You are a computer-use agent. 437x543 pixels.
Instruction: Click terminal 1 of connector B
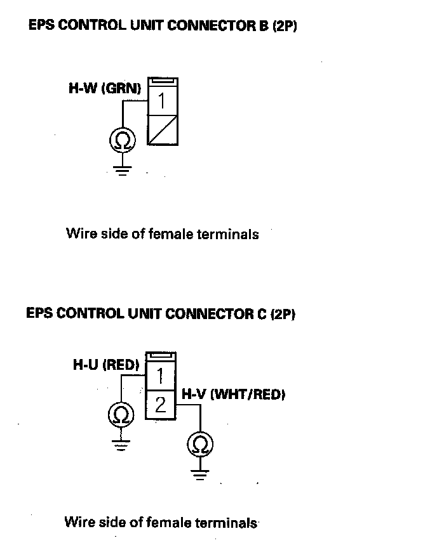pyautogui.click(x=162, y=100)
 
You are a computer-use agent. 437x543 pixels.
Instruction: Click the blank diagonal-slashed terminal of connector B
pyautogui.click(x=162, y=130)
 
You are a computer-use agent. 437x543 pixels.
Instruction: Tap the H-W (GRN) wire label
pyautogui.click(x=105, y=89)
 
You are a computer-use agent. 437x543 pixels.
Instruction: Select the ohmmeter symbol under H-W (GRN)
pyautogui.click(x=121, y=140)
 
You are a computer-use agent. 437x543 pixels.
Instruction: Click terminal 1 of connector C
pyautogui.click(x=161, y=376)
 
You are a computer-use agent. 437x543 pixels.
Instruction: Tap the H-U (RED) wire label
pyautogui.click(x=106, y=365)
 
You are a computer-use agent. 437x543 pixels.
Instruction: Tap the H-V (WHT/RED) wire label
pyautogui.click(x=233, y=395)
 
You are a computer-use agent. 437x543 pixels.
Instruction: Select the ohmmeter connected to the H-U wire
pyautogui.click(x=119, y=415)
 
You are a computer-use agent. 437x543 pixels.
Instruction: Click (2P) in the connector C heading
pyautogui.click(x=283, y=313)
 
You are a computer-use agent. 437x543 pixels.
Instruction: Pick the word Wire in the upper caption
pyautogui.click(x=79, y=234)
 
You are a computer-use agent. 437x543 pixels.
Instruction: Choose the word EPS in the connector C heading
pyautogui.click(x=39, y=313)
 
